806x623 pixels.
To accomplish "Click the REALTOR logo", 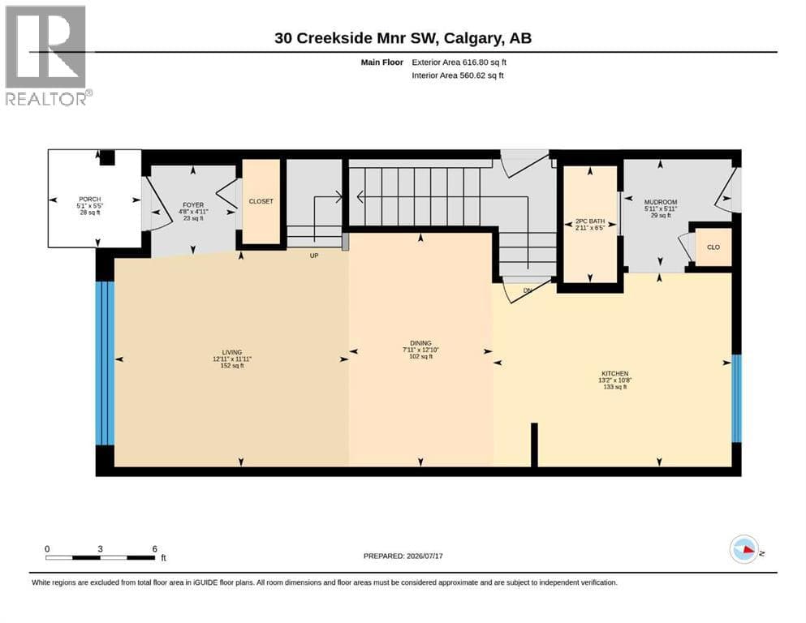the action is pyautogui.click(x=49, y=55).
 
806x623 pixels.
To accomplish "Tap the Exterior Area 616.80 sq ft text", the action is pyautogui.click(x=459, y=62).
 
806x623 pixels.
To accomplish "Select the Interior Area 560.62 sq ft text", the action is pyautogui.click(x=458, y=75).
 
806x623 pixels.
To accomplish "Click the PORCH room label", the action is pyautogui.click(x=90, y=200).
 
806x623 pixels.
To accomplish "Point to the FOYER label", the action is pyautogui.click(x=193, y=205).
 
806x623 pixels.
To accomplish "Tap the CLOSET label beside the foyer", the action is pyautogui.click(x=261, y=201).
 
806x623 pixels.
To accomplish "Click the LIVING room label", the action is pyautogui.click(x=232, y=352).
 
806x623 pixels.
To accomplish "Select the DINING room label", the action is pyautogui.click(x=420, y=343).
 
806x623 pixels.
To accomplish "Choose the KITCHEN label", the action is pyautogui.click(x=615, y=373).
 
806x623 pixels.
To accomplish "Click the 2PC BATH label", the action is pyautogui.click(x=590, y=221).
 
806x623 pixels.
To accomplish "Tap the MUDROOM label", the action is pyautogui.click(x=661, y=202).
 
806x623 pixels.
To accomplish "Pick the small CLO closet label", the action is pyautogui.click(x=713, y=247).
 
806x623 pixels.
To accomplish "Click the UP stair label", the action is pyautogui.click(x=314, y=256).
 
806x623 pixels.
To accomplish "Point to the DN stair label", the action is pyautogui.click(x=528, y=290).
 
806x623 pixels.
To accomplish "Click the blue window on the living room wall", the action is pyautogui.click(x=106, y=363).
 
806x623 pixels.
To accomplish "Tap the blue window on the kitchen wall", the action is pyautogui.click(x=737, y=398).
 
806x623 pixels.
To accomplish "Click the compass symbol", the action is pyautogui.click(x=744, y=549).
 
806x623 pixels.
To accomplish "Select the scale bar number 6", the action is pyautogui.click(x=155, y=549).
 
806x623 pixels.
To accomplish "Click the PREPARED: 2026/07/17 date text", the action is pyautogui.click(x=403, y=556).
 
